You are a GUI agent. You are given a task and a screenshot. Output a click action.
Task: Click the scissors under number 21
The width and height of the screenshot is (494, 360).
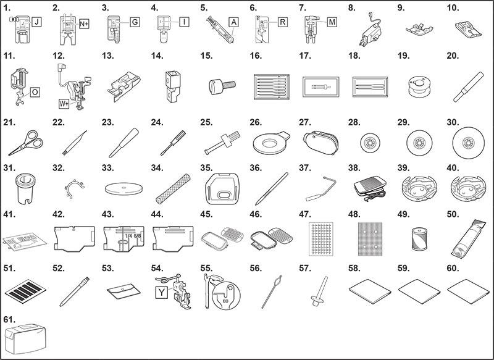coord(26,143)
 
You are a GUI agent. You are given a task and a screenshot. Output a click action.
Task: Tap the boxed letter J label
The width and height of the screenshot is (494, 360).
coord(37,22)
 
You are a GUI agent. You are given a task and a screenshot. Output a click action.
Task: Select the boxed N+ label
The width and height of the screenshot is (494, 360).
coord(84,24)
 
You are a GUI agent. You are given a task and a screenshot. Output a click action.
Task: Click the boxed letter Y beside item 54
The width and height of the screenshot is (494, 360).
coord(161,292)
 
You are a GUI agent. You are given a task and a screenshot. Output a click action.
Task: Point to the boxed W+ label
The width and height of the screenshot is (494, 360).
coord(64,104)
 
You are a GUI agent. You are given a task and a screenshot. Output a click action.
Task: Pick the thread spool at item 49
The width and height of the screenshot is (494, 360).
coord(419,239)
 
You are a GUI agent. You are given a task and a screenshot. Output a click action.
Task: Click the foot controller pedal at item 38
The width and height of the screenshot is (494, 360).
coord(370,188)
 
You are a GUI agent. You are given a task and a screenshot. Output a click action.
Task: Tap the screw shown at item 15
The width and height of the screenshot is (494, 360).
coord(222,85)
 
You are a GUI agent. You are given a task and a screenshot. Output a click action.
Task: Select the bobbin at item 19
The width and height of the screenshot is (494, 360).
coord(419,86)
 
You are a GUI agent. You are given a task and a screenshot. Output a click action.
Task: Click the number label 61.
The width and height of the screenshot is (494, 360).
coord(9,319)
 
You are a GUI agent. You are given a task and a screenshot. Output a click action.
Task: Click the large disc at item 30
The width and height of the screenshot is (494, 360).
coord(468,143)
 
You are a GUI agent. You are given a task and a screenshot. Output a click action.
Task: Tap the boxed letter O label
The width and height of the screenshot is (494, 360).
coord(35,92)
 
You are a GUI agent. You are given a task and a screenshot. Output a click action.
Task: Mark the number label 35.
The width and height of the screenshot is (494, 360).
coord(206,168)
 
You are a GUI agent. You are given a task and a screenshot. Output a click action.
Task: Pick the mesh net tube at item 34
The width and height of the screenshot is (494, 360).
coord(173,188)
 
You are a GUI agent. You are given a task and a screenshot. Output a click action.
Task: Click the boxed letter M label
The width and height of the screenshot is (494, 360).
coord(332,22)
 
